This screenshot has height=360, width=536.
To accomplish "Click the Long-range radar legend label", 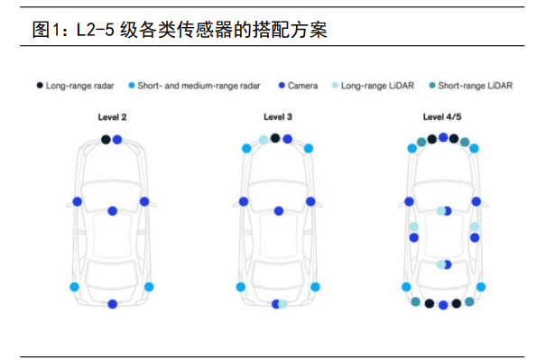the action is tap(79, 86).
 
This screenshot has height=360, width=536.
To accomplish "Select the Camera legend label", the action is tap(302, 86).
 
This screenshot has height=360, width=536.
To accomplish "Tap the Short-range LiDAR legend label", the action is tap(476, 86).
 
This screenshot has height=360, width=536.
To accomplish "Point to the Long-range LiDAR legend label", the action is tap(377, 86).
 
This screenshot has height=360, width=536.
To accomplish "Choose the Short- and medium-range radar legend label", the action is tap(199, 86).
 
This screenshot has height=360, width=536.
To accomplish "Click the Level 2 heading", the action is tap(112, 117).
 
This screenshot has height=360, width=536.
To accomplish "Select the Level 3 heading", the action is tap(278, 117).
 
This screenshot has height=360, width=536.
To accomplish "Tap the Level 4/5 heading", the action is tap(442, 117).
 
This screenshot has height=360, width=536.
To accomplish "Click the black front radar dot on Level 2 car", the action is tap(106, 140).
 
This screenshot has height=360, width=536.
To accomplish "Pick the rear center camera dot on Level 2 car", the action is tap(113, 304).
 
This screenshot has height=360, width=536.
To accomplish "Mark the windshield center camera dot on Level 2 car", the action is tap(113, 211).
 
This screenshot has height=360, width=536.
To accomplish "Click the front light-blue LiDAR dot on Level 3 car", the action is tap(263, 140).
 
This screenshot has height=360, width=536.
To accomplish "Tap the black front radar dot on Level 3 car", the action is tap(275, 138).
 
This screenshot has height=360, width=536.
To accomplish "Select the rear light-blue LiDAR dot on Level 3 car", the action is tap(283, 304).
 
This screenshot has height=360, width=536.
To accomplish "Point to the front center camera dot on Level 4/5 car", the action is tap(443, 137).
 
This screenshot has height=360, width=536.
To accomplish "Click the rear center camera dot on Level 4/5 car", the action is tap(443, 305).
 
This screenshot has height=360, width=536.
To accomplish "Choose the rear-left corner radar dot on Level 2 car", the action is tap(75, 287).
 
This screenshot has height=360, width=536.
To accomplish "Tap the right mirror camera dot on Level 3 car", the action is tap(310, 202).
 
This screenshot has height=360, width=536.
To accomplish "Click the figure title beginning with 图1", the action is tap(180, 30).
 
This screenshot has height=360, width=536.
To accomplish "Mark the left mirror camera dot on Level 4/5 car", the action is tap(409, 202).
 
